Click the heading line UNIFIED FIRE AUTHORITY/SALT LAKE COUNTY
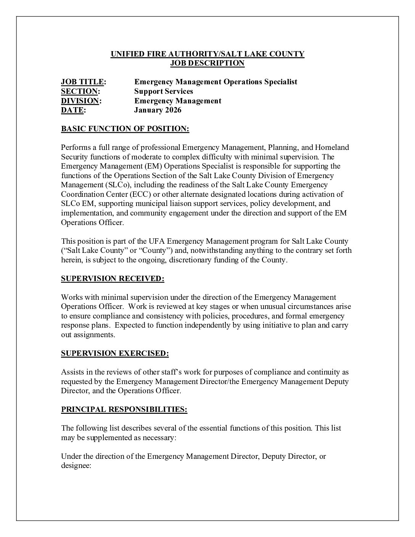pyautogui.click(x=207, y=54)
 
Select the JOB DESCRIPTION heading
pyautogui.click(x=207, y=63)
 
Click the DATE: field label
pyautogui.click(x=74, y=110)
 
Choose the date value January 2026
pyautogui.click(x=158, y=110)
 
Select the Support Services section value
pyautogui.click(x=164, y=91)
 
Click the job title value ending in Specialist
pyautogui.click(x=216, y=82)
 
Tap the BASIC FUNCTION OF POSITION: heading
pyautogui.click(x=125, y=129)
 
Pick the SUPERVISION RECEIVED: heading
pyautogui.click(x=113, y=279)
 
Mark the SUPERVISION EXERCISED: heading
pyautogui.click(x=115, y=354)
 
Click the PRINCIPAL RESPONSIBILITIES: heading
pyautogui.click(x=124, y=410)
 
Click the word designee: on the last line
pyautogui.click(x=76, y=466)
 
